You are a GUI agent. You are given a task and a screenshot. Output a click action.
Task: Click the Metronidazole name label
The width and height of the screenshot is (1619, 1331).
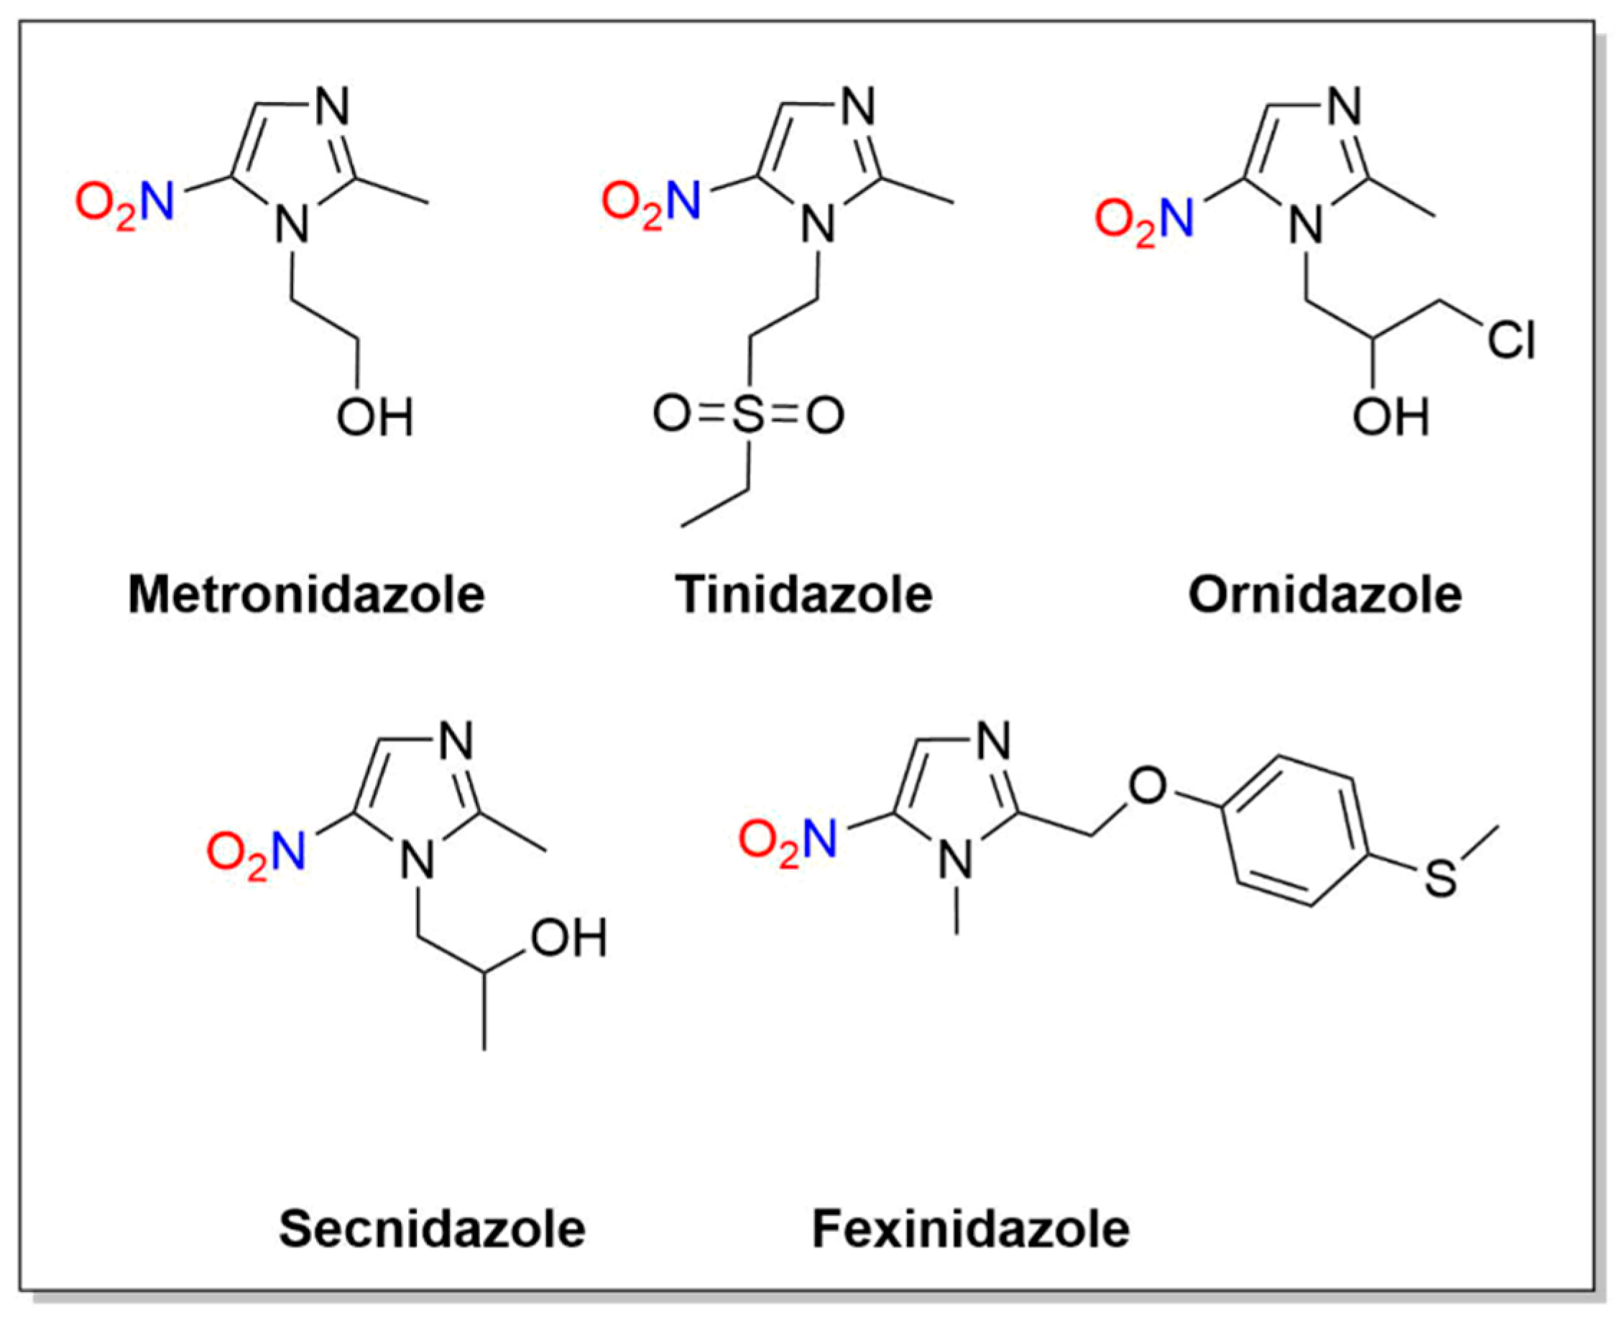click(x=306, y=595)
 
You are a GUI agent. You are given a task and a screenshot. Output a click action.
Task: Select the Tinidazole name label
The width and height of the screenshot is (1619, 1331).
click(x=803, y=595)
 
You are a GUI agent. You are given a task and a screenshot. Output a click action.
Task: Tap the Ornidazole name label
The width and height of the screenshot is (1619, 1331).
click(x=1324, y=595)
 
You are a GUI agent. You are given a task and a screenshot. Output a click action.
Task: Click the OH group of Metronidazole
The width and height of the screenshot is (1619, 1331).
click(x=375, y=417)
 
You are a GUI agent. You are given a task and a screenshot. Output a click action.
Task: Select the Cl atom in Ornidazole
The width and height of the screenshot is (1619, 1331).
click(x=1512, y=340)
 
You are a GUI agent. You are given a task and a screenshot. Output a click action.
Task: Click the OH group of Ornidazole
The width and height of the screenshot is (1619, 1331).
click(x=1390, y=417)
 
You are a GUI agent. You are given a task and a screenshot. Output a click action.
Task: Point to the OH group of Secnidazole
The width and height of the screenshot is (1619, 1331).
click(x=568, y=937)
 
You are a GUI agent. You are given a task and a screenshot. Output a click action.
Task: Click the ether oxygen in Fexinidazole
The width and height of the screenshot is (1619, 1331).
click(x=1148, y=786)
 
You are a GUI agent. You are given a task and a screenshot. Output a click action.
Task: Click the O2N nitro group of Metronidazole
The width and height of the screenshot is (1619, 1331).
click(x=125, y=205)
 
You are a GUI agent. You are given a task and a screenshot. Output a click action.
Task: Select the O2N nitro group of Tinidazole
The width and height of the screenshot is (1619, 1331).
click(x=651, y=205)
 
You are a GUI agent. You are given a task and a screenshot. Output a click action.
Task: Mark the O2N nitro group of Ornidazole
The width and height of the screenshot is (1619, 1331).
click(x=1143, y=221)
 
